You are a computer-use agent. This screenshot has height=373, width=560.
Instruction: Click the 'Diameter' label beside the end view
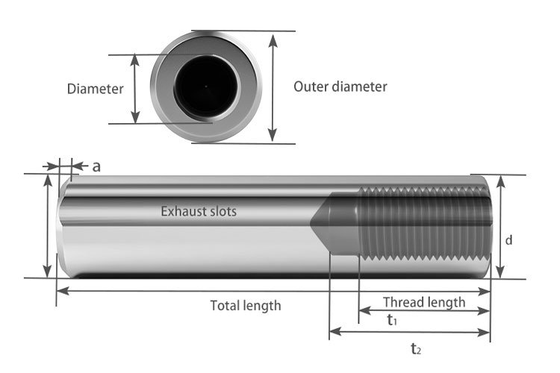(95, 89)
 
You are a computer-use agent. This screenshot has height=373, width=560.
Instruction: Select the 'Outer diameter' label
(340, 86)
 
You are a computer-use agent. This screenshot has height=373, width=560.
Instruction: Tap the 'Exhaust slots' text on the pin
(199, 211)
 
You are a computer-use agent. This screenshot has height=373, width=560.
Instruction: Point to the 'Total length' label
(245, 304)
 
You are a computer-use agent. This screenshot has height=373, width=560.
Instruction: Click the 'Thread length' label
(423, 302)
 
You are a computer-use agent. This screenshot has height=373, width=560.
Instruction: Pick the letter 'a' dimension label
(96, 166)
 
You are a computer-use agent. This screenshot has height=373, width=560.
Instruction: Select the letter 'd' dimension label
(508, 240)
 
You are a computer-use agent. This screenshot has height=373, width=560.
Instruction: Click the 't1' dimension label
(391, 320)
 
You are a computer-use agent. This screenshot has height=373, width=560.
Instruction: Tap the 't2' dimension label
(416, 348)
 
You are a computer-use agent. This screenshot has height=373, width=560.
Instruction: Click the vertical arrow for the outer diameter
(273, 87)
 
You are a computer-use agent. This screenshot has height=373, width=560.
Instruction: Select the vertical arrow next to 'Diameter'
(135, 88)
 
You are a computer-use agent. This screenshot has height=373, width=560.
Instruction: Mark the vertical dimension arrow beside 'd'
(499, 226)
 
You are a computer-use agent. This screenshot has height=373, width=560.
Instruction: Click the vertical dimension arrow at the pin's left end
(49, 226)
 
